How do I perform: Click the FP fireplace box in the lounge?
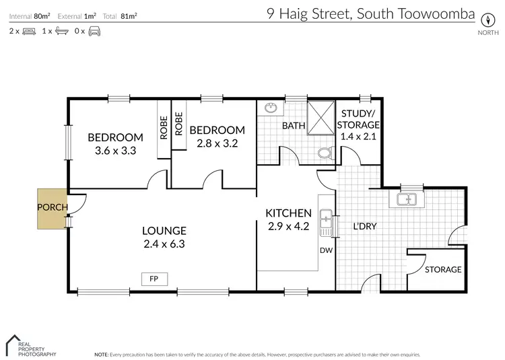(154, 277)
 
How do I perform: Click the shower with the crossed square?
(321, 117)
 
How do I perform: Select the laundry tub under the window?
(406, 199)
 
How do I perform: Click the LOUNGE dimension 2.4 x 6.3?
(164, 244)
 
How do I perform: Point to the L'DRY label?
(364, 226)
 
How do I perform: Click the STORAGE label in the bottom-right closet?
(442, 270)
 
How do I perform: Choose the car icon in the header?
(94, 32)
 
